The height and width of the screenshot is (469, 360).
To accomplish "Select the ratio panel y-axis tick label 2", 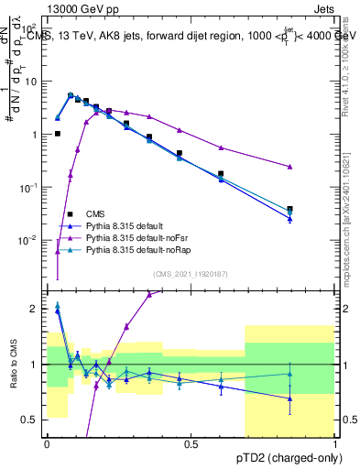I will (x=35, y=309).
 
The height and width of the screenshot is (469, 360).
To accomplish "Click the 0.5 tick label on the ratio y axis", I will (x=31, y=420).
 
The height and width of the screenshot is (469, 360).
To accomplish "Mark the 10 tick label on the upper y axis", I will (x=30, y=81).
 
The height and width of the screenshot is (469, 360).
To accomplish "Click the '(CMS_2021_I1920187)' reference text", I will (x=191, y=273).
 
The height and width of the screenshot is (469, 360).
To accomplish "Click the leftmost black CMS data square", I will (x=57, y=134).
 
